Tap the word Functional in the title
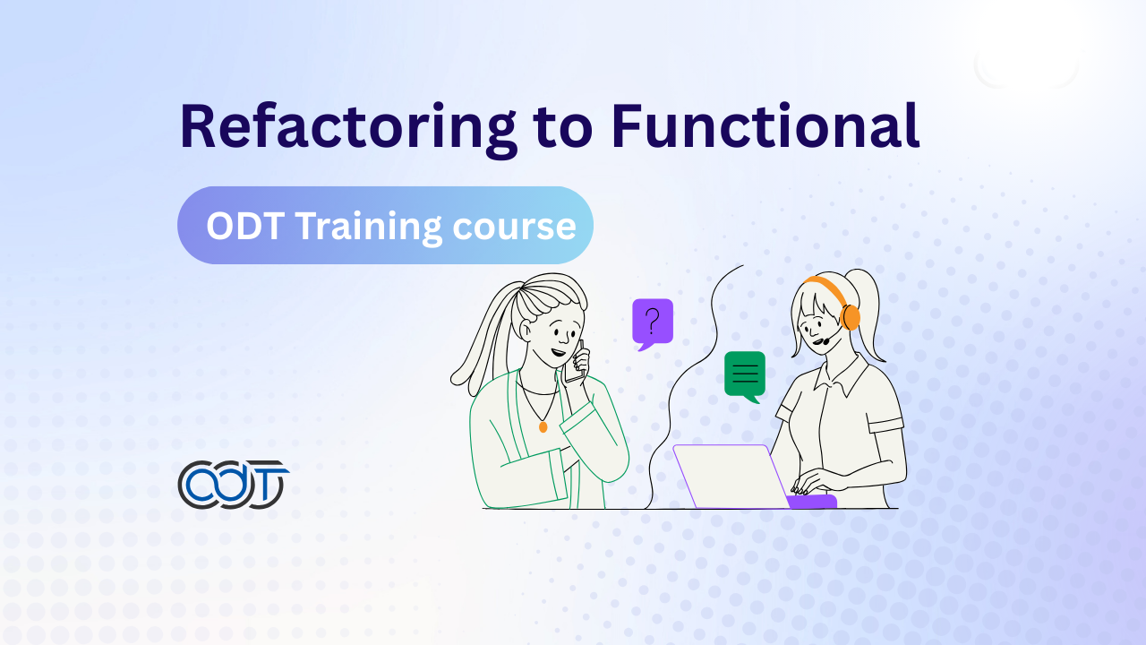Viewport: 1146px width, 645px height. (765, 125)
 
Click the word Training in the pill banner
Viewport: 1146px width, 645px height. (368, 227)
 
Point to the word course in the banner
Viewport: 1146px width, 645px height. (514, 228)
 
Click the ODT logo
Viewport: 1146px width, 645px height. (234, 485)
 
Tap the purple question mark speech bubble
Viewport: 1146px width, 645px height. (653, 324)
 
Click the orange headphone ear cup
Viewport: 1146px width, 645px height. (851, 317)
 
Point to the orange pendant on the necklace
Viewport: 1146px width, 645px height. (543, 426)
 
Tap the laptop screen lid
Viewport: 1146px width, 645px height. (731, 476)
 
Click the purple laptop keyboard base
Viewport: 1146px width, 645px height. (811, 501)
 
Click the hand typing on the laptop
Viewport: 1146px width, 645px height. (814, 482)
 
